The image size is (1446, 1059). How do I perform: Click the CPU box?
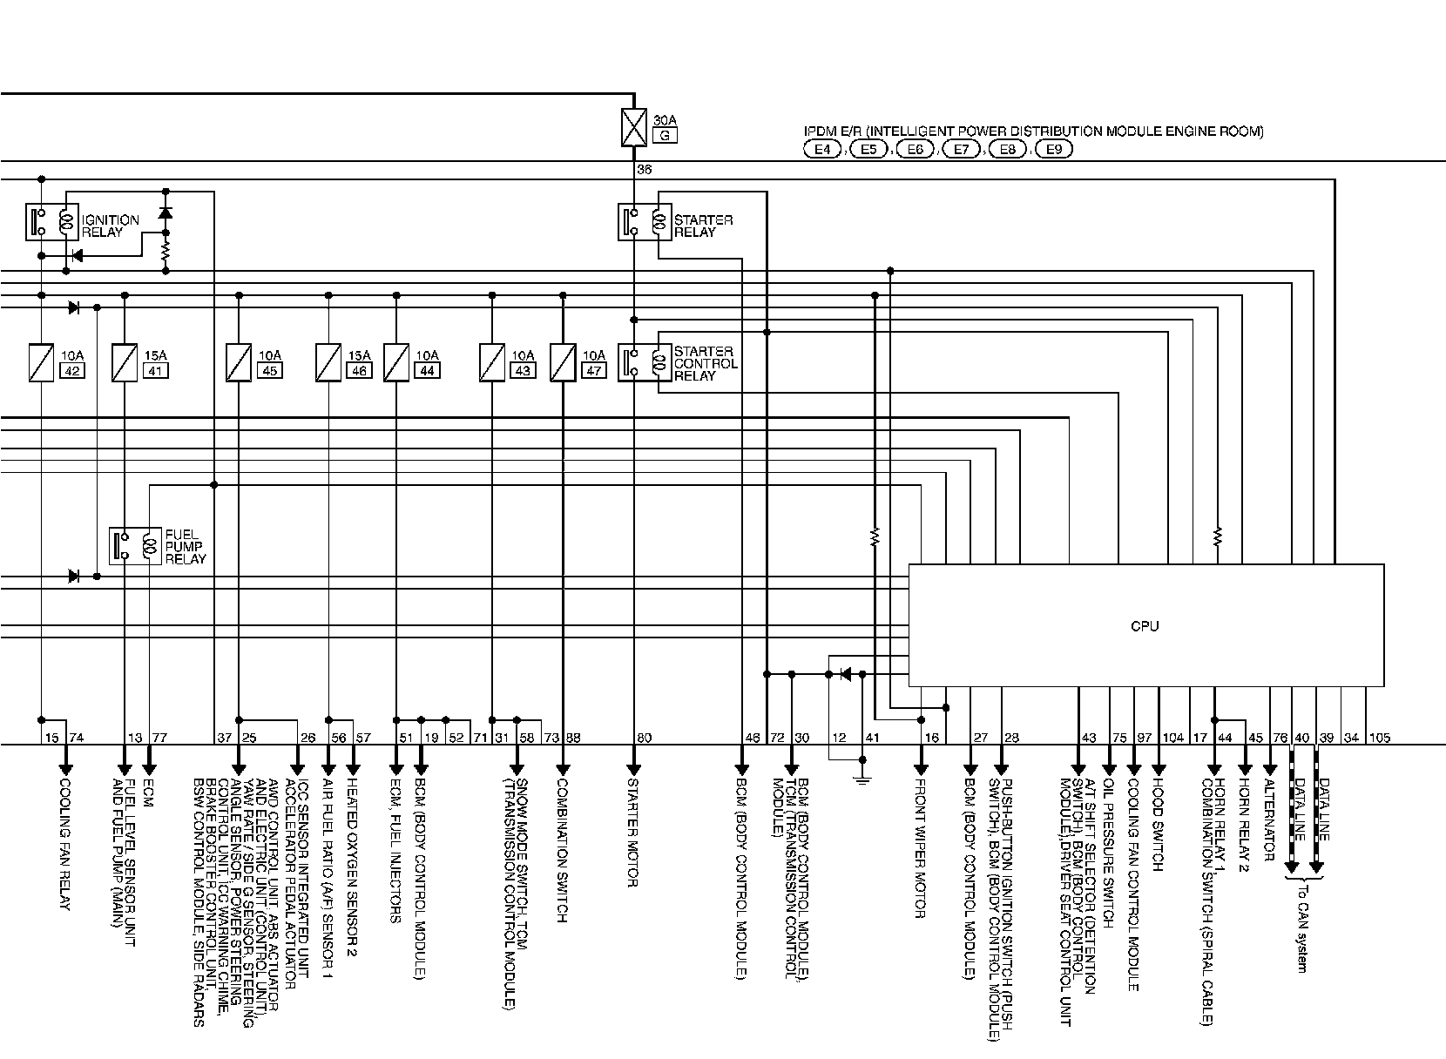click(x=1145, y=625)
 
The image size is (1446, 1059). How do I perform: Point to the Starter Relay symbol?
click(x=645, y=222)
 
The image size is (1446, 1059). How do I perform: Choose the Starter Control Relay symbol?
click(x=645, y=363)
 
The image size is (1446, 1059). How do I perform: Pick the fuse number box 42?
click(x=71, y=371)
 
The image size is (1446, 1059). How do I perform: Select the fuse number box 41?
click(x=157, y=371)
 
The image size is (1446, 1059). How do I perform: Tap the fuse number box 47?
click(x=595, y=371)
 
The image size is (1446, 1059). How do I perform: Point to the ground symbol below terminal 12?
click(x=862, y=777)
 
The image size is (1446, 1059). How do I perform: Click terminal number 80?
click(x=644, y=739)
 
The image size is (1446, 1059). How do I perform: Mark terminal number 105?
click(x=1380, y=739)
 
